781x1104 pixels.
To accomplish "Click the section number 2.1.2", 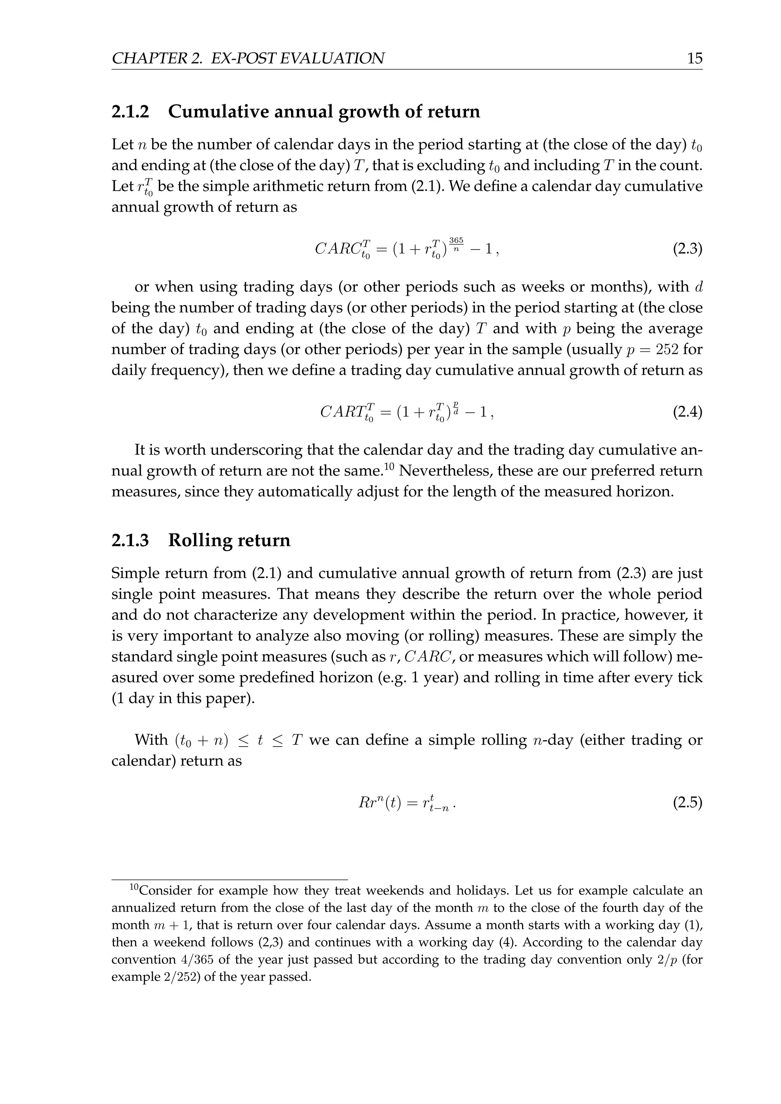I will pos(130,112).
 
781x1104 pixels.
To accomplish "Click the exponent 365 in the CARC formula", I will pos(456,240).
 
